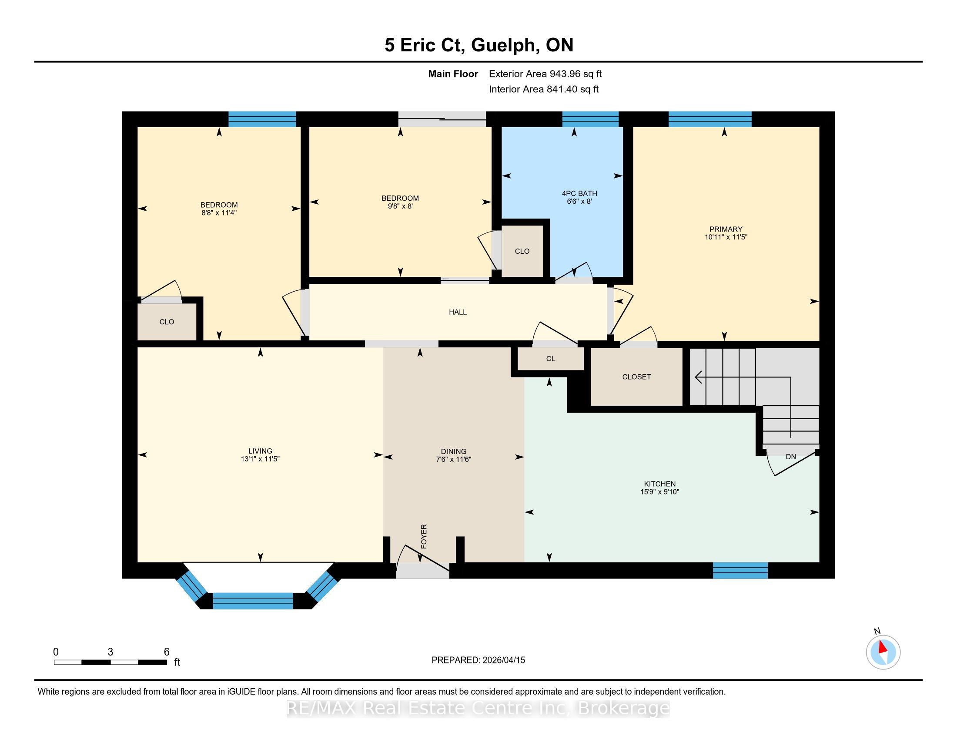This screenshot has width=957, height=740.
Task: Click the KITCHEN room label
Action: (x=660, y=484)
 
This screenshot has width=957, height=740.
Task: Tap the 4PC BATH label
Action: (x=579, y=193)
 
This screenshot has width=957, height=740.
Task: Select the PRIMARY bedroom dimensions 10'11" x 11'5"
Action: (x=726, y=237)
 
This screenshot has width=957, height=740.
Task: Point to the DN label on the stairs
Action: (x=791, y=457)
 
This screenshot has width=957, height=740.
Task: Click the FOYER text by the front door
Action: (x=424, y=536)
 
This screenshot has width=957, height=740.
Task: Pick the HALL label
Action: (x=458, y=312)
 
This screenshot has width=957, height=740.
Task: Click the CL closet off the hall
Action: (x=551, y=359)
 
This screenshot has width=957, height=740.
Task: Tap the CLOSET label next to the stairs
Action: (x=637, y=377)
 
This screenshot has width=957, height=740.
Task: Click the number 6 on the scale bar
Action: (x=167, y=652)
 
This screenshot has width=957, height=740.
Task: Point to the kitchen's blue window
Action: (x=740, y=570)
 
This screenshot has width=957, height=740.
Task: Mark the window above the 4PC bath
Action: (x=590, y=119)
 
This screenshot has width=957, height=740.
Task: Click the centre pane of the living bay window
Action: (x=253, y=601)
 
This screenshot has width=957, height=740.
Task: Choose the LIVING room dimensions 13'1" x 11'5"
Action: (x=260, y=459)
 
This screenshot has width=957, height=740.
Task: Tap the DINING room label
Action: (x=454, y=451)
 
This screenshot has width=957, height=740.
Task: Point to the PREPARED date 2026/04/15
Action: (x=503, y=660)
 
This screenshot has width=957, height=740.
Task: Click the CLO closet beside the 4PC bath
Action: (x=522, y=251)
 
